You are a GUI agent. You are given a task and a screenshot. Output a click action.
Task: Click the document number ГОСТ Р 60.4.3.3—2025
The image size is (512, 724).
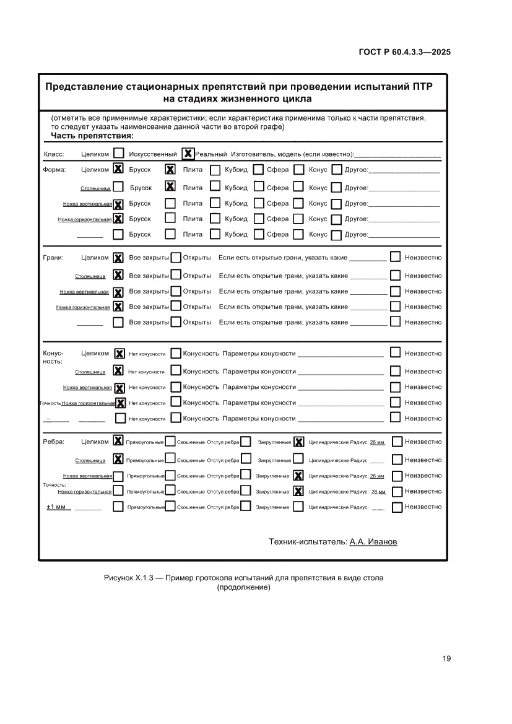(x=404, y=52)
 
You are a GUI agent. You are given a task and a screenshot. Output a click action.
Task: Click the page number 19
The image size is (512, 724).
(x=446, y=658)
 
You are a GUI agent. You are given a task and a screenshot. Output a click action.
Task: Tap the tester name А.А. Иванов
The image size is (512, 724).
(x=373, y=541)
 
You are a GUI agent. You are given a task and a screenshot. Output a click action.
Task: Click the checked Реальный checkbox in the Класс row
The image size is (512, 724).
(x=188, y=153)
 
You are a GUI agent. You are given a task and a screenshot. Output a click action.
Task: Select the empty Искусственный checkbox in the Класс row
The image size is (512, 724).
(x=118, y=153)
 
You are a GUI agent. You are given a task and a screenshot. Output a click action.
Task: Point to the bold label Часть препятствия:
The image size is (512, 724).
(x=92, y=136)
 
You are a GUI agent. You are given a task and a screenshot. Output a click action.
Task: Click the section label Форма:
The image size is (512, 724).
(x=54, y=169)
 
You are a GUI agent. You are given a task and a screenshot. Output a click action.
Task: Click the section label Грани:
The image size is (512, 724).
(x=54, y=258)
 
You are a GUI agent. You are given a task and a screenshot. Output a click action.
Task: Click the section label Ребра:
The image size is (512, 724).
(x=54, y=442)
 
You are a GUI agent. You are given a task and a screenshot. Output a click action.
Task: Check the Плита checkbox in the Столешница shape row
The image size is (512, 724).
(x=170, y=186)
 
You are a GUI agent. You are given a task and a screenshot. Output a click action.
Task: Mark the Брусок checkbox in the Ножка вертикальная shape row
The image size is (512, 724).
(x=118, y=204)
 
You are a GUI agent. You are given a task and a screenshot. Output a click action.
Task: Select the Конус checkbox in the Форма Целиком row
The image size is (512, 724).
(x=298, y=169)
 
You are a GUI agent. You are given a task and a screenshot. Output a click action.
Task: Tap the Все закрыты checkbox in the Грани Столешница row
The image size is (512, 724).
(x=118, y=274)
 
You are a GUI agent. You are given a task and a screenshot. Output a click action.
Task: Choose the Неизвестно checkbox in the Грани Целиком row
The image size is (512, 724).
(x=395, y=256)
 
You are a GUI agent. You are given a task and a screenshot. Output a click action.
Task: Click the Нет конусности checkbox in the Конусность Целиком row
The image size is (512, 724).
(x=119, y=354)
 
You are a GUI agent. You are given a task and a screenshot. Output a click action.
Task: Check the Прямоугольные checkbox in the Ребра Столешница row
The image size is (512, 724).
(x=118, y=460)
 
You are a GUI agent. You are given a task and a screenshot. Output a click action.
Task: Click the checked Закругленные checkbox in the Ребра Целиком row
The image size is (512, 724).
(x=298, y=442)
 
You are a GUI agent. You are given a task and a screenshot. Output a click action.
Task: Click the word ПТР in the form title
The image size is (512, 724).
(x=419, y=87)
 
